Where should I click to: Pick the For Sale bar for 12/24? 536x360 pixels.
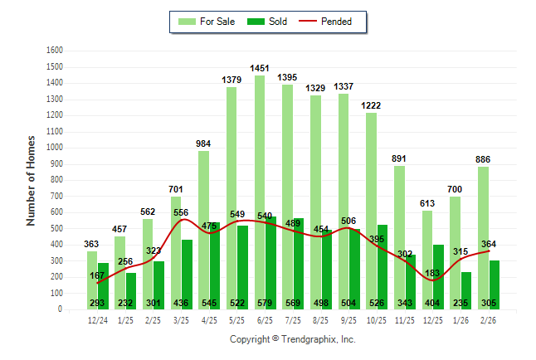(x=92, y=274)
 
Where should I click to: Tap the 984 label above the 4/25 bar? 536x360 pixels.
(x=203, y=144)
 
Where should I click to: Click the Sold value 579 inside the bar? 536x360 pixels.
(x=266, y=304)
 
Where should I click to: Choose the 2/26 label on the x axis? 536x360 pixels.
(x=488, y=320)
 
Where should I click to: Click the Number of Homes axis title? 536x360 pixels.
(x=32, y=180)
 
